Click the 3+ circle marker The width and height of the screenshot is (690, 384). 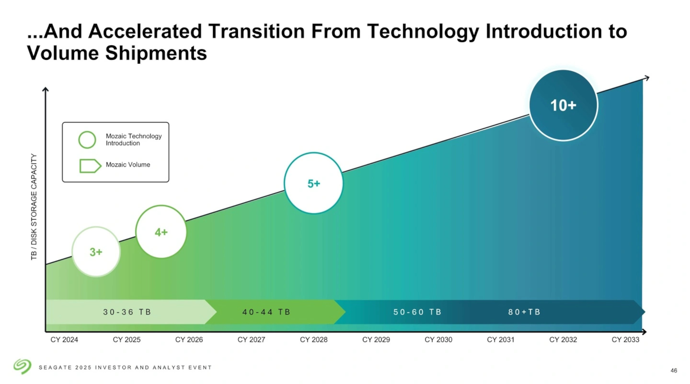click(x=96, y=252)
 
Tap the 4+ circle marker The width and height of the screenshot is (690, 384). click(x=161, y=232)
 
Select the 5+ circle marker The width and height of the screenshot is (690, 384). click(x=313, y=183)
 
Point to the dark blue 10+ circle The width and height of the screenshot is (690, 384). click(x=563, y=105)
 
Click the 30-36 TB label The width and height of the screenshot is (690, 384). click(x=127, y=312)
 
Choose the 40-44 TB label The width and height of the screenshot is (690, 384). click(x=266, y=312)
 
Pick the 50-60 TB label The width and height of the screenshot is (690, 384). click(x=417, y=312)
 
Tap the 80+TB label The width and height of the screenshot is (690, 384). click(x=524, y=312)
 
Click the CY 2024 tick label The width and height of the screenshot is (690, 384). click(x=64, y=340)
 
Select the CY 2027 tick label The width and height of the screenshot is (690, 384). click(x=251, y=340)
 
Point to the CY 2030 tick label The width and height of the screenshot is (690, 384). click(x=438, y=340)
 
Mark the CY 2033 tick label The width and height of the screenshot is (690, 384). click(x=625, y=340)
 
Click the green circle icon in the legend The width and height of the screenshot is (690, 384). click(x=87, y=140)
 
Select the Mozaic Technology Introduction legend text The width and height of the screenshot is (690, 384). click(x=133, y=140)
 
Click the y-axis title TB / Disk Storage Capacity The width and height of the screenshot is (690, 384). click(x=34, y=207)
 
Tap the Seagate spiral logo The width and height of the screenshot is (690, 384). click(x=22, y=366)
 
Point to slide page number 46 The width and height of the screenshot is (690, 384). click(x=673, y=370)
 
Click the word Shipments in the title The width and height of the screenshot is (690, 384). click(x=156, y=53)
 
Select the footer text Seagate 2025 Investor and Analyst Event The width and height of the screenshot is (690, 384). click(x=125, y=367)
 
